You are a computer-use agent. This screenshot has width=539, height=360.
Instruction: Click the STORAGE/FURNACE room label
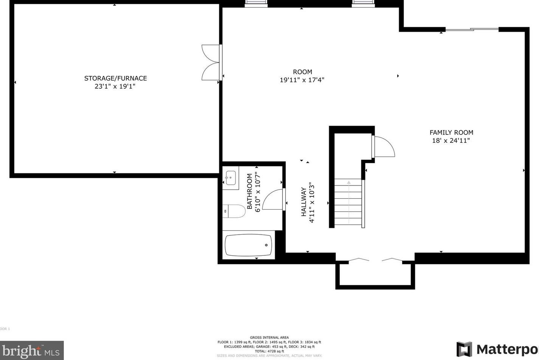click(x=115, y=78)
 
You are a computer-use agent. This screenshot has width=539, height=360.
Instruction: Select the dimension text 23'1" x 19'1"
click(x=115, y=87)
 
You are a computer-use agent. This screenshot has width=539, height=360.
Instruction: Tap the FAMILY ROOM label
click(x=451, y=133)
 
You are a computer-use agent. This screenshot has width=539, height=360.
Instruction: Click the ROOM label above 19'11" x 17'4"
click(x=302, y=72)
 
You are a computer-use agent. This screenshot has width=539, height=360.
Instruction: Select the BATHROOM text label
click(x=249, y=191)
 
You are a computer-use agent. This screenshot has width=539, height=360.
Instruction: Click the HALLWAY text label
click(x=304, y=202)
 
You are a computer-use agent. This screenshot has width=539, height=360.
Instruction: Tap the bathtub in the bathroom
click(x=248, y=245)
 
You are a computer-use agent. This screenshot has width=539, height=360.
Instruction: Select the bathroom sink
click(x=230, y=177)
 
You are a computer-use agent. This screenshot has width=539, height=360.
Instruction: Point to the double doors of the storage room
click(x=211, y=62)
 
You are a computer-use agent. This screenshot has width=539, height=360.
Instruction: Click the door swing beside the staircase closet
click(x=384, y=147)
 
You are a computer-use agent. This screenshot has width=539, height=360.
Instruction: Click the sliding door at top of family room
click(x=472, y=29)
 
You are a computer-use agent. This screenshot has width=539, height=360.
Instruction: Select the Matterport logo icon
click(x=464, y=349)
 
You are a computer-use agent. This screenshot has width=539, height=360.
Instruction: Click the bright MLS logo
click(x=32, y=351)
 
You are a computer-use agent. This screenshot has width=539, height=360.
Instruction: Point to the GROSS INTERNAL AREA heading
click(x=269, y=338)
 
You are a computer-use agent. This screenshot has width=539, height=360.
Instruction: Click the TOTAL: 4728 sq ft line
click(x=269, y=351)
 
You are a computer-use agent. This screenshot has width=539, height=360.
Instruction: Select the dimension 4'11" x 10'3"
click(x=312, y=202)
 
